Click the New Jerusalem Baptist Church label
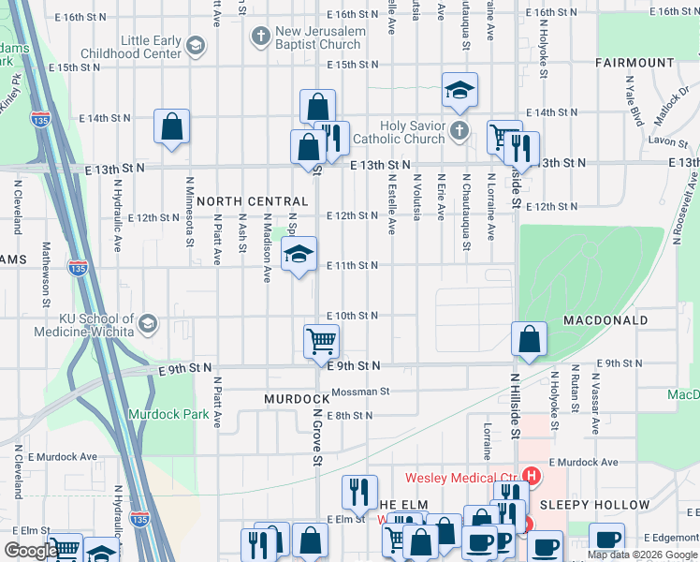click(x=318, y=38)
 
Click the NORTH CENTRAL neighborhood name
click(x=252, y=201)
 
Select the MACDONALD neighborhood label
click(x=605, y=320)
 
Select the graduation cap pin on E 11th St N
click(x=299, y=254)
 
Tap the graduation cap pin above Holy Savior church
click(x=459, y=90)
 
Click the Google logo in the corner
click(x=30, y=551)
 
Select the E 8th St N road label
click(x=351, y=415)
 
